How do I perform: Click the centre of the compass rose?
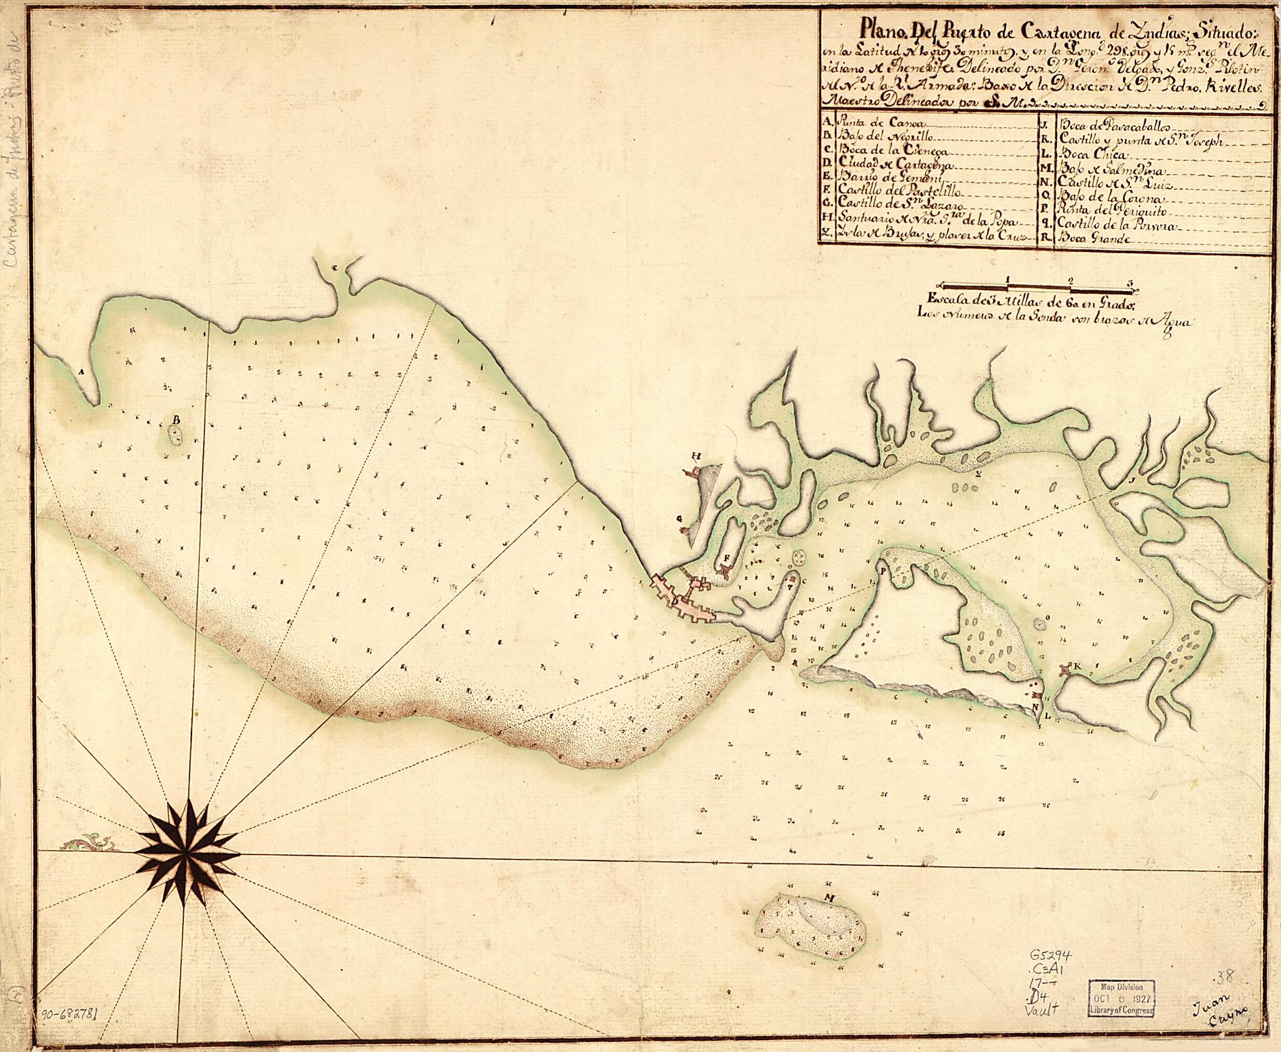click(187, 852)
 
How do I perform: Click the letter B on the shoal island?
click(176, 418)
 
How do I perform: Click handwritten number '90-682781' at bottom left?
click(74, 1029)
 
